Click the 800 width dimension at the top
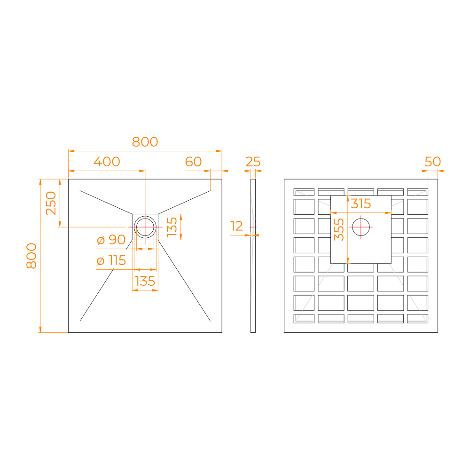coord(145,141)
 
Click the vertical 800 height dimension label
coord(31,256)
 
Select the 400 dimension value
coord(107,162)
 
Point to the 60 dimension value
coord(193,162)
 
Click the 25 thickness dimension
coord(253,162)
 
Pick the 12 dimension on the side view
coord(237,227)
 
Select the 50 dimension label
coord(433,162)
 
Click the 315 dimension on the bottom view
coord(361,204)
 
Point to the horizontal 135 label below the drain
coord(145,282)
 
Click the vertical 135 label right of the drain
coord(172,227)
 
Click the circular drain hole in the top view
coord(145,227)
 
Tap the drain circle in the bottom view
coord(361,227)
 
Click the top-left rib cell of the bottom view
coord(304,192)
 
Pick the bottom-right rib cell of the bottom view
coord(417,318)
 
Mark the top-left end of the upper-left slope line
coord(80,190)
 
